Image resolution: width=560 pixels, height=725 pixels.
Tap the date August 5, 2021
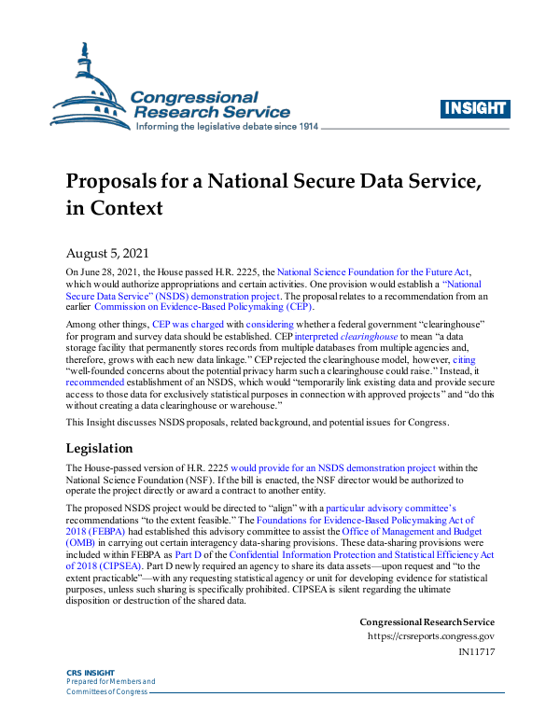pos(105,253)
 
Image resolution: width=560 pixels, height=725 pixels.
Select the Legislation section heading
pos(106,448)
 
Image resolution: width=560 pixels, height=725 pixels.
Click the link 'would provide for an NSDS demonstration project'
pos(333,467)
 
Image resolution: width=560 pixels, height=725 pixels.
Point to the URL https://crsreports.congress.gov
pos(431,636)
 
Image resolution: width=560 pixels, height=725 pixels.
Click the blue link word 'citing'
pos(464,359)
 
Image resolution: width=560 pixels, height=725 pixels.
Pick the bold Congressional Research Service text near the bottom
pos(427,621)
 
